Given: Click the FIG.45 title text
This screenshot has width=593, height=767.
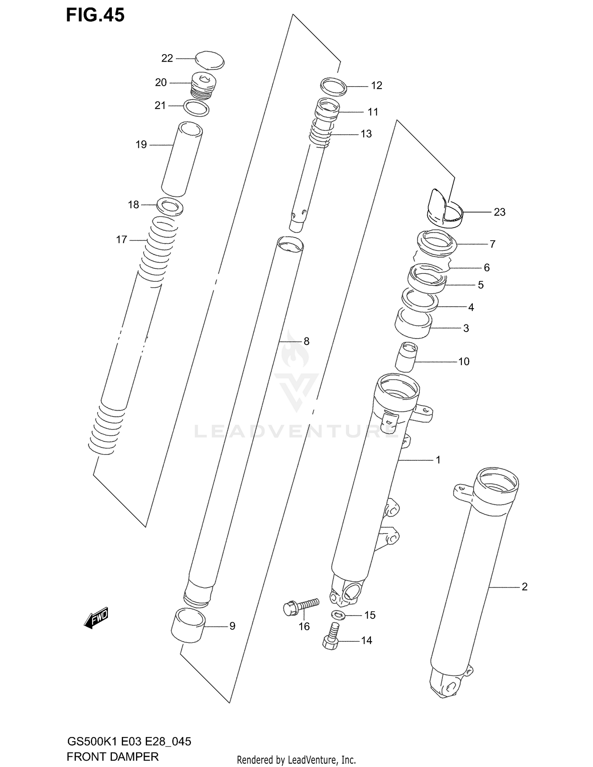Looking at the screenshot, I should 95,15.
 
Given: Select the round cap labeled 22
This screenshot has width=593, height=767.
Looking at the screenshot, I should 210,60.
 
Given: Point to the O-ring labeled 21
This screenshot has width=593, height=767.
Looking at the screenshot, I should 196,107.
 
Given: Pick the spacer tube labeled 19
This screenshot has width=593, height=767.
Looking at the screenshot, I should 182,159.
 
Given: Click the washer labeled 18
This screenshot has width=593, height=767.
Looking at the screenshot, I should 170,207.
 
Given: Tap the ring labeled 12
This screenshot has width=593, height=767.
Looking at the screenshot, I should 333,87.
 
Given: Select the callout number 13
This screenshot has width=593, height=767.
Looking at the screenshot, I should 366,134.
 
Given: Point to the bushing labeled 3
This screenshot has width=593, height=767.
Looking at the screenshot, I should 413,323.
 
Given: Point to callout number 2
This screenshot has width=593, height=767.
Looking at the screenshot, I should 524,587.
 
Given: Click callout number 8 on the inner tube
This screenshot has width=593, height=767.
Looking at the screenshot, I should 306,341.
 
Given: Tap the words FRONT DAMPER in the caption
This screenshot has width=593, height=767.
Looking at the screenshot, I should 113,756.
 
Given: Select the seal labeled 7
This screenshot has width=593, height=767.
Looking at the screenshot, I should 437,241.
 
